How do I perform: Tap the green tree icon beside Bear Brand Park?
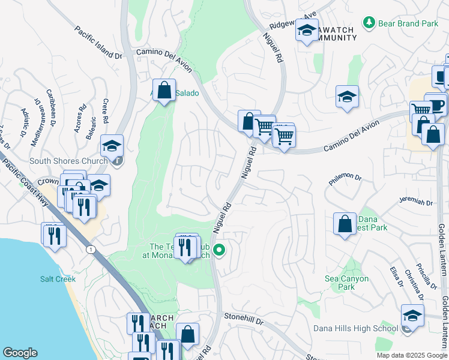369,23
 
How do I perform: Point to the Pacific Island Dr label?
98,42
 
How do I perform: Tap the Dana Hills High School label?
355,328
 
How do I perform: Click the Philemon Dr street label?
345,178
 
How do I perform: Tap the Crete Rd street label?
106,111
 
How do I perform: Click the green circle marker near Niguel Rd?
220,251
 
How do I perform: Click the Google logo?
20,353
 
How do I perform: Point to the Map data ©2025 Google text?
411,355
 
